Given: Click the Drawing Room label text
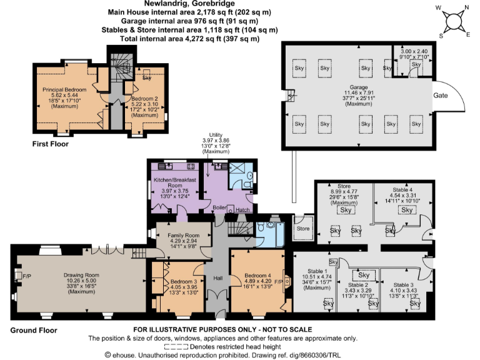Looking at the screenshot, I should pyautogui.click(x=80, y=274).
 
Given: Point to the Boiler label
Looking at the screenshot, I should pyautogui.click(x=219, y=207).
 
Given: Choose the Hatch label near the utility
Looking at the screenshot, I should pyautogui.click(x=242, y=210).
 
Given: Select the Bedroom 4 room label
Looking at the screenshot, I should pyautogui.click(x=257, y=275).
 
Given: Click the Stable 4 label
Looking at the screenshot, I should pyautogui.click(x=402, y=189).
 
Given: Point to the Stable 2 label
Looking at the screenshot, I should pyautogui.click(x=358, y=284).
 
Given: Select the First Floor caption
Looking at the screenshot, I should pyautogui.click(x=51, y=144).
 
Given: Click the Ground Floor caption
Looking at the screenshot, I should pyautogui.click(x=33, y=331).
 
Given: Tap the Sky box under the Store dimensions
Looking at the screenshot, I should pyautogui.click(x=345, y=210).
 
